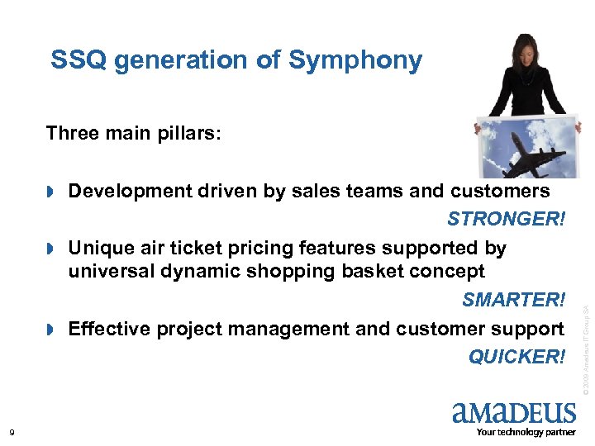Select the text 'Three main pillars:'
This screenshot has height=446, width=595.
click(133, 133)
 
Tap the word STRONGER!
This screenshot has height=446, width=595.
click(506, 219)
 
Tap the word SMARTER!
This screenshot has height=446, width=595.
click(512, 299)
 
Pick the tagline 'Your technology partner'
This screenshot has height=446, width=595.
click(526, 432)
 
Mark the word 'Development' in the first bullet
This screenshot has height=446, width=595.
click(130, 192)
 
